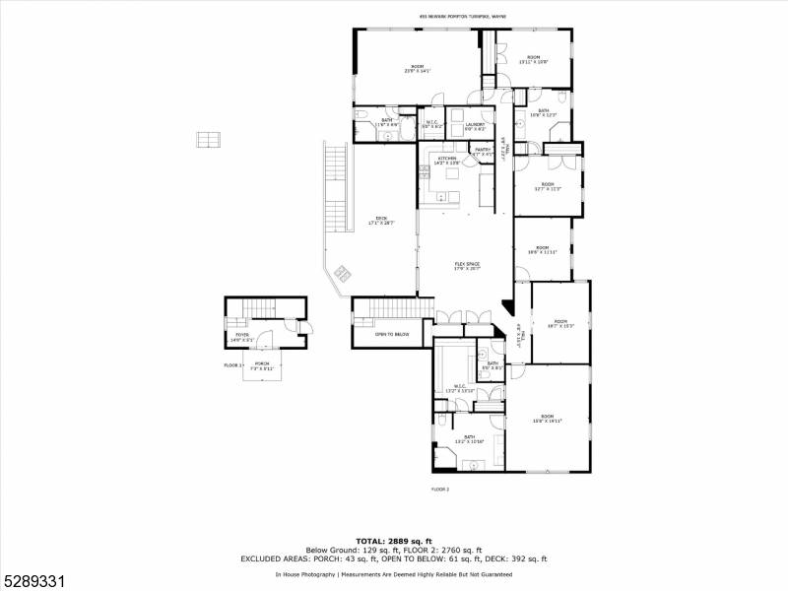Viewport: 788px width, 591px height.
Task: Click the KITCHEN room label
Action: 447,158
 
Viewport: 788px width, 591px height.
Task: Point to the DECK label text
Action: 380,219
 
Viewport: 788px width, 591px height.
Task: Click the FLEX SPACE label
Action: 466,263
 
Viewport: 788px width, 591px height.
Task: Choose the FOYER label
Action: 241,336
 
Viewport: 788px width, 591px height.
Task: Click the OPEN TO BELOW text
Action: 388,334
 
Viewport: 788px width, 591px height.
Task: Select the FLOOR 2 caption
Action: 440,489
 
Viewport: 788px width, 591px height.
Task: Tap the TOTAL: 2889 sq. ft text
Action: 393,542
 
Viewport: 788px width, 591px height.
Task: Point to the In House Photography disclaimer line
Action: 393,573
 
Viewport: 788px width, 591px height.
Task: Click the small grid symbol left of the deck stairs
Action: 208,139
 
